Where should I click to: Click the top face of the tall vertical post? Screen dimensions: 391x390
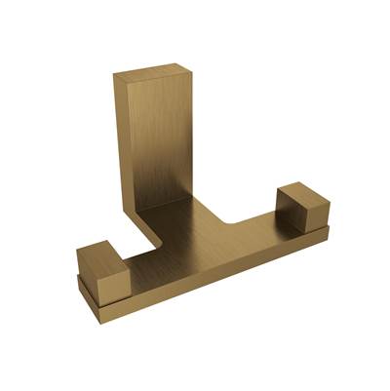[x=152, y=69]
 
